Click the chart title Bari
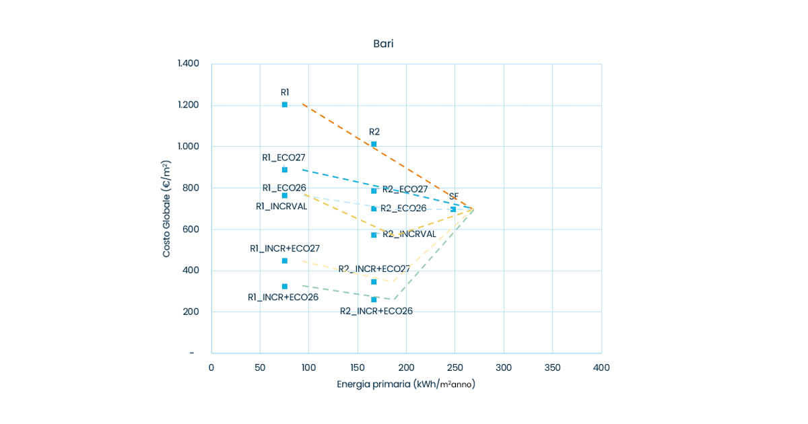[x=383, y=44]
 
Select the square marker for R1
[x=285, y=104]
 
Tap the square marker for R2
[x=374, y=144]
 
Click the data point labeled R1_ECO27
[x=285, y=170]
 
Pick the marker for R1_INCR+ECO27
[x=285, y=260]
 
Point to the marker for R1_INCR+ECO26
[x=285, y=286]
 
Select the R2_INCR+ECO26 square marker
[x=374, y=299]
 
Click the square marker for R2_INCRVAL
[x=374, y=235]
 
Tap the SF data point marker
[x=453, y=209]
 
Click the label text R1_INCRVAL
[x=281, y=207]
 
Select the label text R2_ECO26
[x=404, y=209]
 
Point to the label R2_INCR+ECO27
[x=374, y=269]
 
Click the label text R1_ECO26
[x=284, y=188]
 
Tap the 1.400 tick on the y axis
[x=189, y=64]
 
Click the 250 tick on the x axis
[x=454, y=368]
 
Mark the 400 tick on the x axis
[x=601, y=368]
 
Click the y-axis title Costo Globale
[x=166, y=209]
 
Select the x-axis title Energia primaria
[x=406, y=385]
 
